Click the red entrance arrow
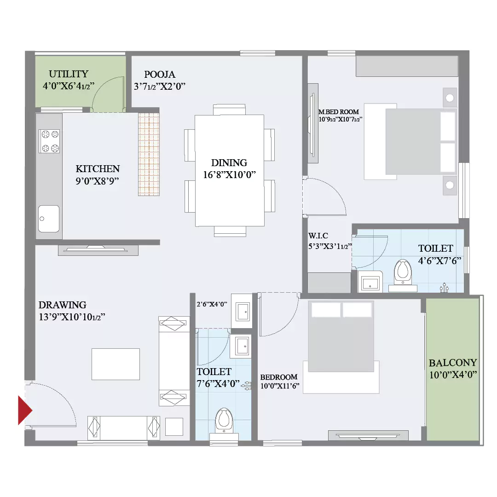point(25,410)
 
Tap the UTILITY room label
point(69,74)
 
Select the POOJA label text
point(159,75)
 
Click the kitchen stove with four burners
point(49,141)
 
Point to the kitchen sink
point(49,219)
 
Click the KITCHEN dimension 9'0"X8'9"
point(97,181)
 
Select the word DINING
point(229,163)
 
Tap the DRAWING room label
point(63,305)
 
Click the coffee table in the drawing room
point(116,364)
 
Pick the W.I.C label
point(318,236)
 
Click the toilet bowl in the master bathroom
point(403,272)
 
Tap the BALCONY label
point(453,363)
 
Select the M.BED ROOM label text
point(339,112)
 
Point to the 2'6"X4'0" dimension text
point(212,304)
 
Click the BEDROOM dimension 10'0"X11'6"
point(280,386)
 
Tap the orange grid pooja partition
point(149,154)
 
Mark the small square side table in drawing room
point(174,427)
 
